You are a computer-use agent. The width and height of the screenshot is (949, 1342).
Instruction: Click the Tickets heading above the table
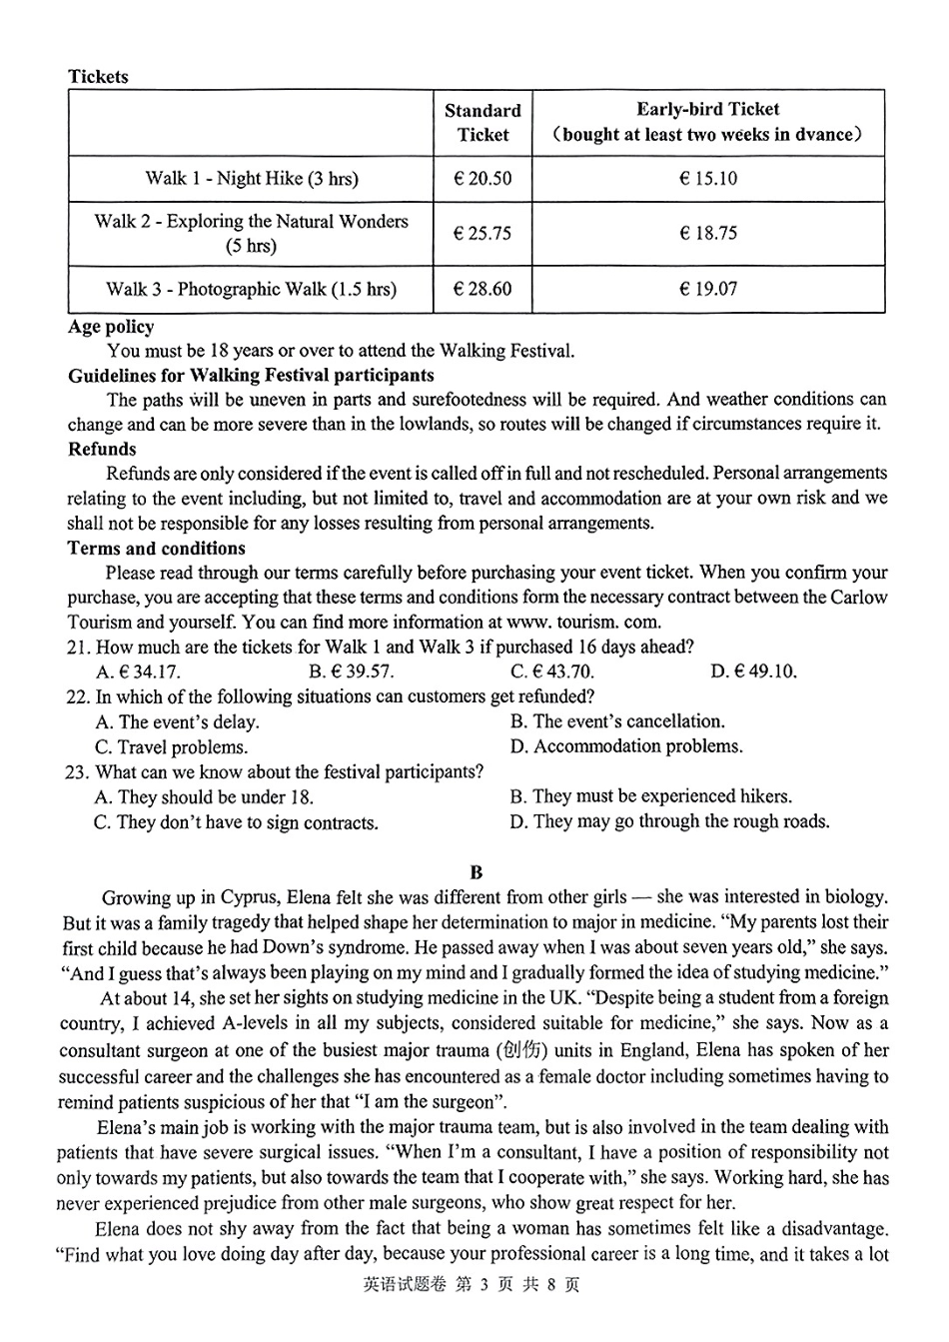coord(98,77)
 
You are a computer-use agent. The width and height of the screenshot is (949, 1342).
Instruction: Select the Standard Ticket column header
coord(482,123)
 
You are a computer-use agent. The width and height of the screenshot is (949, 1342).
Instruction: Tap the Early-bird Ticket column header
coord(707,122)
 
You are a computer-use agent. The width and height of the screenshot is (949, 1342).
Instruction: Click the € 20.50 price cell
coord(481,179)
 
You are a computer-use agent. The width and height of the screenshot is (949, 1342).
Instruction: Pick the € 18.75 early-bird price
coord(707,233)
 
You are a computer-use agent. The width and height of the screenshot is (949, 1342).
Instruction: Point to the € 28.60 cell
coord(481,289)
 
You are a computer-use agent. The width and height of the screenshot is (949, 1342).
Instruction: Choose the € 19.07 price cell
coord(707,289)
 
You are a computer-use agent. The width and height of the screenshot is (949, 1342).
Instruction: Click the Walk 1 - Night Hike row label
coord(251,179)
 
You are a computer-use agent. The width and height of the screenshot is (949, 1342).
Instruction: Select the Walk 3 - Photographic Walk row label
coord(251,289)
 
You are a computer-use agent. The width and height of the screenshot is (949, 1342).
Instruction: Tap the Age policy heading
coord(111,327)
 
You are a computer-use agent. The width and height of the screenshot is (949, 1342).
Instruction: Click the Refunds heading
coord(102,449)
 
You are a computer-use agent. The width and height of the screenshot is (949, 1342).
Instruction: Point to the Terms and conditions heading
coord(156,548)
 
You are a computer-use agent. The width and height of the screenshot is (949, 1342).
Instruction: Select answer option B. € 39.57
coord(351,671)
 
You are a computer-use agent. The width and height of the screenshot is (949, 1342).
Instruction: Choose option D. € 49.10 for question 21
coord(753,671)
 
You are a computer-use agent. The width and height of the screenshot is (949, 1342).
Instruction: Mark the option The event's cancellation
coord(617,721)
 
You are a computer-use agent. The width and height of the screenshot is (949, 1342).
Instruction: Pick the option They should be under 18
coord(204,797)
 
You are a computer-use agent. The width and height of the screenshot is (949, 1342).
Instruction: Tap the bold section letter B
coord(475,872)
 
